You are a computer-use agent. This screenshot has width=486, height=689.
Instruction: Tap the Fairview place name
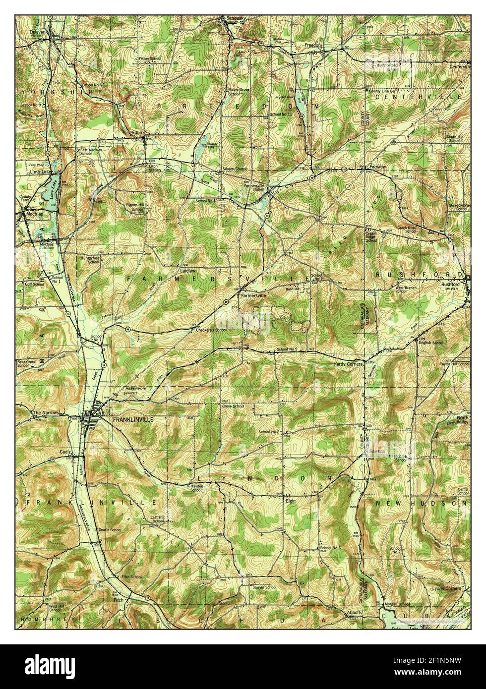pos(377,167)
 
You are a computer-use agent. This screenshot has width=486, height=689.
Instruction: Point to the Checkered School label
pos(211,330)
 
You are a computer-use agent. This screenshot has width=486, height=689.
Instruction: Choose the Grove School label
pos(233,406)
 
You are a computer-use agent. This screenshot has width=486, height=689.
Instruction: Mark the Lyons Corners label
pos(446,588)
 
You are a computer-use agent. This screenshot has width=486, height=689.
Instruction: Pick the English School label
pos(431,343)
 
